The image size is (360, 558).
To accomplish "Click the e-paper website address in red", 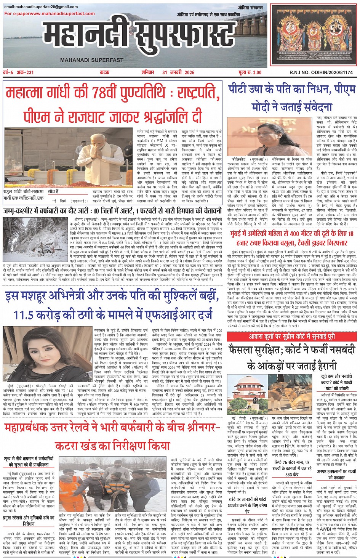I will click(50, 14).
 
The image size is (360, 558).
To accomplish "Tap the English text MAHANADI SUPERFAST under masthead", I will click(91, 60).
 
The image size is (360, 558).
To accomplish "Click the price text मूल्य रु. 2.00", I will click(250, 72).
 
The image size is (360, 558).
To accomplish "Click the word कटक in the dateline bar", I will click(105, 72).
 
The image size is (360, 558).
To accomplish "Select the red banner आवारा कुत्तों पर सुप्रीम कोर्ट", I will click(292, 337).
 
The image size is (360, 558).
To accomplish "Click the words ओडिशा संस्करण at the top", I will click(250, 8).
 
